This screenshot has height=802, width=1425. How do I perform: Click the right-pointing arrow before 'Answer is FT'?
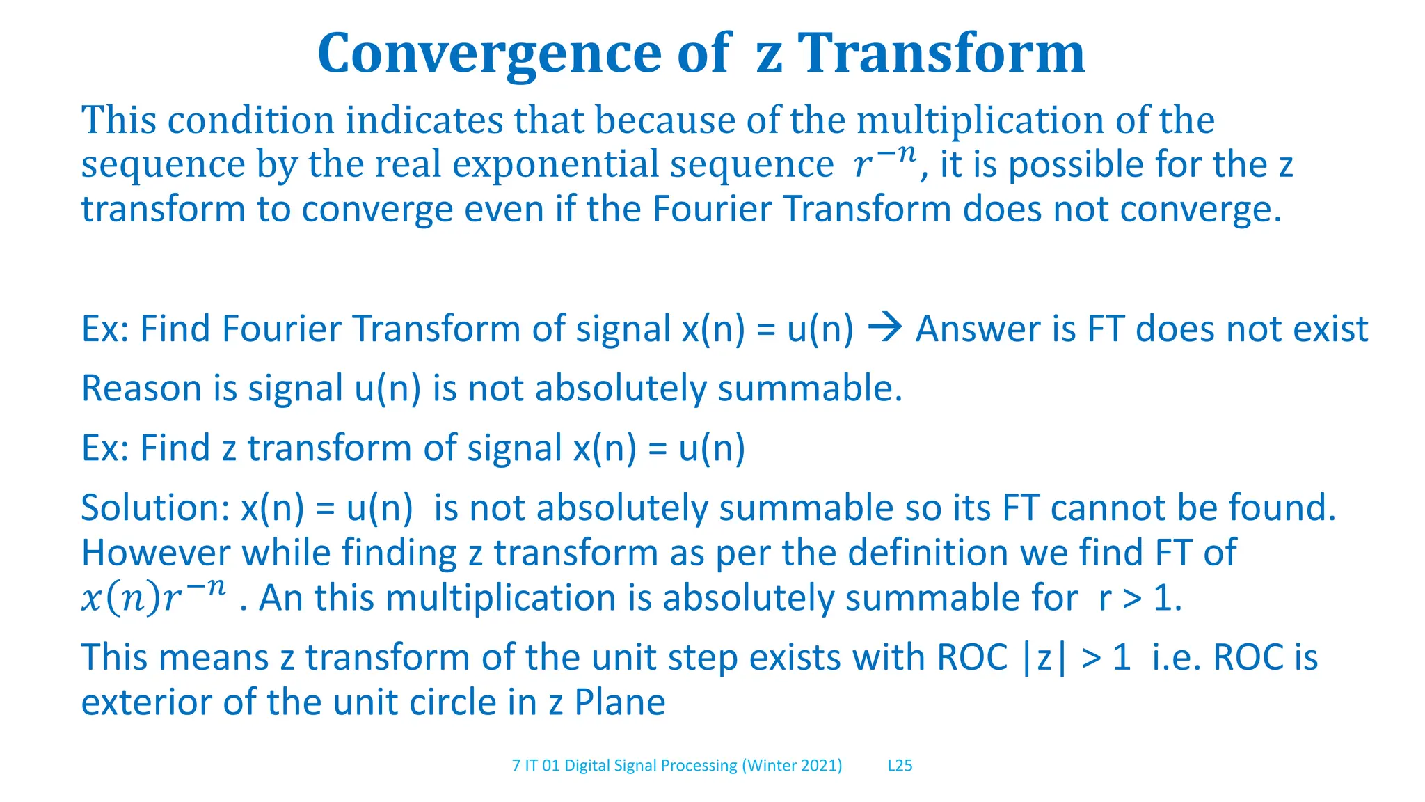885,328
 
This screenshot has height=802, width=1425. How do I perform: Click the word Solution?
155,508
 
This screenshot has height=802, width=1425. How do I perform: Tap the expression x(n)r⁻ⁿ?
154,597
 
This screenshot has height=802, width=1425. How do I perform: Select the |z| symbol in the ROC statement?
1044,658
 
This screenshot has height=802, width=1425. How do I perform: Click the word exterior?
145,702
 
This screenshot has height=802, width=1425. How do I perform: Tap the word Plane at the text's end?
619,702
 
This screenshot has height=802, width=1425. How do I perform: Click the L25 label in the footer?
900,766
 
